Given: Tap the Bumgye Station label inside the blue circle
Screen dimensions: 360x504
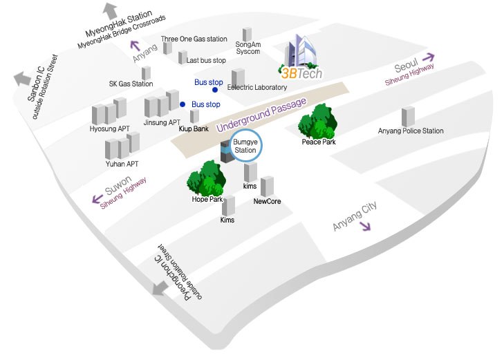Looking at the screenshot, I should click(x=245, y=146).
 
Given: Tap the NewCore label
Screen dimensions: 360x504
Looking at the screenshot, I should click(x=267, y=202).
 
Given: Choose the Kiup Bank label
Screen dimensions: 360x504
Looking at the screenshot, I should click(x=194, y=129).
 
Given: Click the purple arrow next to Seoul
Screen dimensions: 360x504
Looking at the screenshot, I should click(x=429, y=58).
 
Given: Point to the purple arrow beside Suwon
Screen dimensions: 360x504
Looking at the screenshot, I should click(x=95, y=200).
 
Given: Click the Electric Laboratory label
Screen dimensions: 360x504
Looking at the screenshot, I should click(x=261, y=88).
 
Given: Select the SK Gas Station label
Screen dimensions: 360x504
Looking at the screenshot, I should click(x=131, y=84).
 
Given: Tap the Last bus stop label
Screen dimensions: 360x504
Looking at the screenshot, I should click(x=206, y=61).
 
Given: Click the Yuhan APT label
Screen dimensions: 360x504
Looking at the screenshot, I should click(x=122, y=164).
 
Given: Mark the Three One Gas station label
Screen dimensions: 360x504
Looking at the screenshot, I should click(x=194, y=39).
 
